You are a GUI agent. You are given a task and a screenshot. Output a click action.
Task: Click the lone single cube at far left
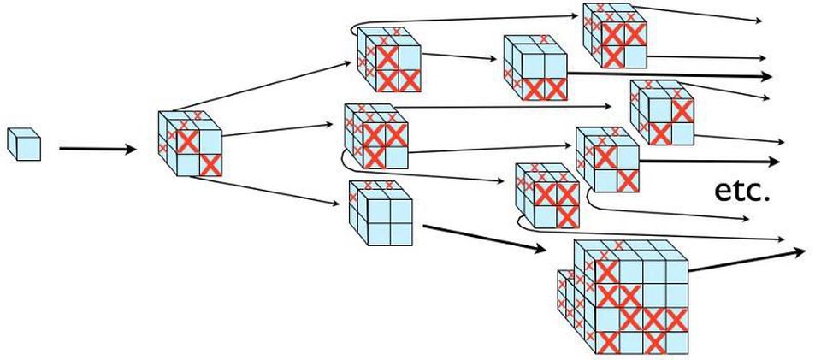(24, 143)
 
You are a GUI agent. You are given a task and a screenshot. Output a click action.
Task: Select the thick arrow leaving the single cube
(97, 150)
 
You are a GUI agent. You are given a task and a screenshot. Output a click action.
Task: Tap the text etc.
(741, 191)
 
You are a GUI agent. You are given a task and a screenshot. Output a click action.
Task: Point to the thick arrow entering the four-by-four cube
(484, 239)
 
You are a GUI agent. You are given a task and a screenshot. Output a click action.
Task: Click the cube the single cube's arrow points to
(190, 145)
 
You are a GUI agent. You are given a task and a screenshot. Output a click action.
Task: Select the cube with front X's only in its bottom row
(535, 69)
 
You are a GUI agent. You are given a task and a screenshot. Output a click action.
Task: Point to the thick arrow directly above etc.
(709, 161)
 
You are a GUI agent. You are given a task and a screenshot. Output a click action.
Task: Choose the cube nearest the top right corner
(611, 34)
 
